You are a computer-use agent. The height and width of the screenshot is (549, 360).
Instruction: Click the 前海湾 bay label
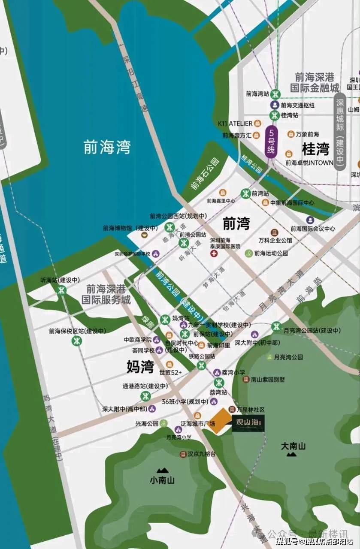click(x=107, y=147)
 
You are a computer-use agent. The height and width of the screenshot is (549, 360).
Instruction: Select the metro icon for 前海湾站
click(x=275, y=94)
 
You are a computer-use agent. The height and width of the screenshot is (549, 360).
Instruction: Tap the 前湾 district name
click(x=236, y=223)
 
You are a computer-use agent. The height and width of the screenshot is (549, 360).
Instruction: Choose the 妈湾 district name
click(x=140, y=367)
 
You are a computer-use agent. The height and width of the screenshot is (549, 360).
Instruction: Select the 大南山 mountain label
click(x=293, y=446)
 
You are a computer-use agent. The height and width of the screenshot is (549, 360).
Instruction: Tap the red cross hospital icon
click(x=213, y=254)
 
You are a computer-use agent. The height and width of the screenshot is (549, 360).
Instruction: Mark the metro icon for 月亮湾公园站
click(x=276, y=327)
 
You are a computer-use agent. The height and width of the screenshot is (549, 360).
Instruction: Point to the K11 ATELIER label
click(x=235, y=124)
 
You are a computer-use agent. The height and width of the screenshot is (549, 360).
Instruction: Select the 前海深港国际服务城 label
click(x=106, y=294)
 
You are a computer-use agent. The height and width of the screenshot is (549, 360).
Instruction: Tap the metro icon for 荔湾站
click(x=219, y=383)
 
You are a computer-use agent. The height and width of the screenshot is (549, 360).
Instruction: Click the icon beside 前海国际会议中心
click(x=310, y=220)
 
